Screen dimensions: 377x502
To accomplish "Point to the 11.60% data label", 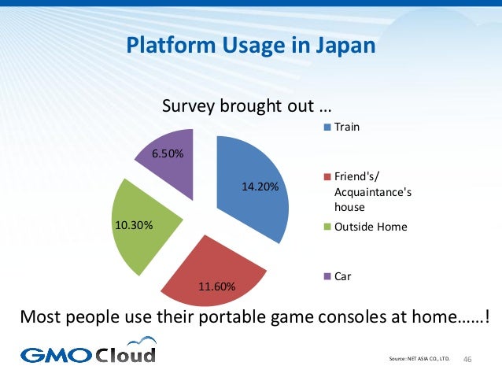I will [x=216, y=286].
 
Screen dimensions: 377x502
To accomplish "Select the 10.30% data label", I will [x=133, y=225].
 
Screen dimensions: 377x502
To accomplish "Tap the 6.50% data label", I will [x=168, y=153].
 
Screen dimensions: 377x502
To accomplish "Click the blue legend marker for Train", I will [x=327, y=127].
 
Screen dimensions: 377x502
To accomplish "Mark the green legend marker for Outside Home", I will [x=327, y=227].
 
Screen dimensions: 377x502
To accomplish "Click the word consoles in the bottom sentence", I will [x=340, y=319].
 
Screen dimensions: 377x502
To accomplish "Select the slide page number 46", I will [x=468, y=360].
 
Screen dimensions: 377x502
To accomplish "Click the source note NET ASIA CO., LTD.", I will [x=428, y=360].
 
